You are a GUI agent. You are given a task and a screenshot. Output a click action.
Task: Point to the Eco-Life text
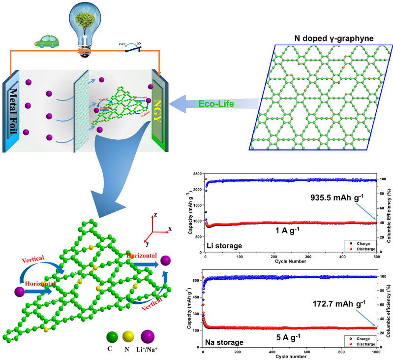point(217,104)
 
